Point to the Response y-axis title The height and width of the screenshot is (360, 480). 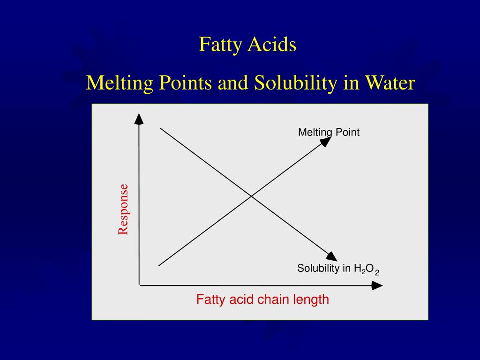pos(123,209)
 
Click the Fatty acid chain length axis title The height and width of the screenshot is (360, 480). pos(262,299)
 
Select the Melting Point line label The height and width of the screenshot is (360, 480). pos(329,132)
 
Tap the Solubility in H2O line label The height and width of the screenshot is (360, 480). pos(337,269)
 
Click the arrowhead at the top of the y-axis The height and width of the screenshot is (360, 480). pos(139,119)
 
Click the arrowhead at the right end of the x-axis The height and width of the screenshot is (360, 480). pos(377,285)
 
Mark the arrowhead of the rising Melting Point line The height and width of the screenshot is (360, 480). pos(326,141)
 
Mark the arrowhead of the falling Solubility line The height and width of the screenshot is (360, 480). pos(332,256)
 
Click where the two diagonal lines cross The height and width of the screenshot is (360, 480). pos(252,196)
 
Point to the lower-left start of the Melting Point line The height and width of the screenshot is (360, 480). pos(159,265)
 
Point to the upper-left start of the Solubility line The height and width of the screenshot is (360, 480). pos(161,127)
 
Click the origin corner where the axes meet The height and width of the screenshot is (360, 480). pos(139,285)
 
